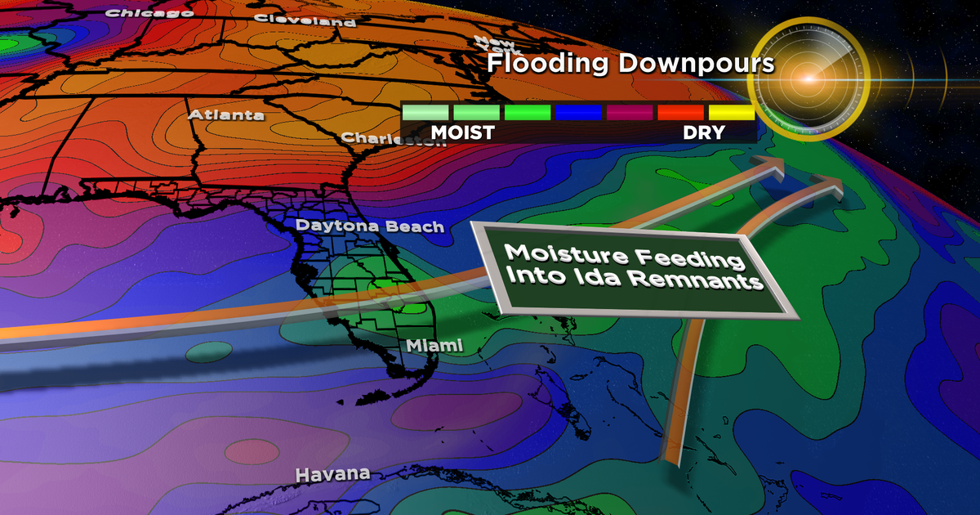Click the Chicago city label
(138, 12)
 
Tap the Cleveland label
(305, 20)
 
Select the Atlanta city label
(226, 114)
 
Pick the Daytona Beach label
(370, 226)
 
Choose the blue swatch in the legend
(577, 112)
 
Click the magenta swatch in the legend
(628, 112)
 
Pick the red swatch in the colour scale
(679, 112)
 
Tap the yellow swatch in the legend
(730, 112)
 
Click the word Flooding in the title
(546, 65)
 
